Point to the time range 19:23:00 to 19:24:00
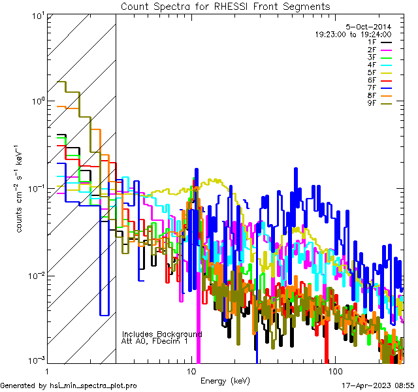pyautogui.click(x=353, y=34)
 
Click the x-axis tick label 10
pyautogui.click(x=191, y=370)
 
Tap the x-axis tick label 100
pyautogui.click(x=334, y=370)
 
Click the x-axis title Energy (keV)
pyautogui.click(x=225, y=380)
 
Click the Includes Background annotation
pyautogui.click(x=162, y=334)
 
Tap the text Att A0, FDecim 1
pyautogui.click(x=155, y=341)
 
